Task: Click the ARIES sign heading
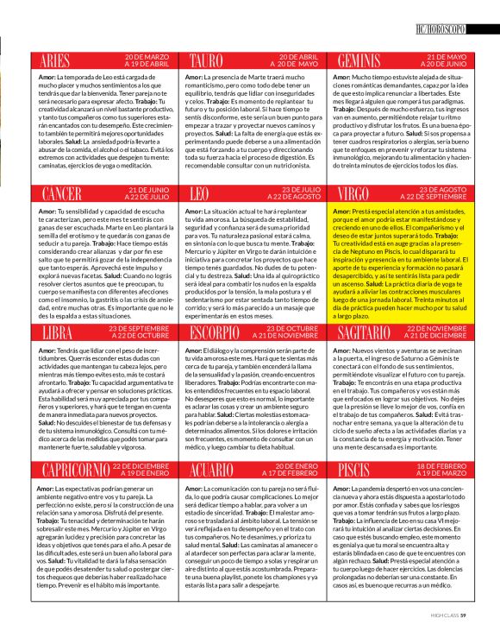coord(54,60)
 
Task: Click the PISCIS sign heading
coord(353,469)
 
